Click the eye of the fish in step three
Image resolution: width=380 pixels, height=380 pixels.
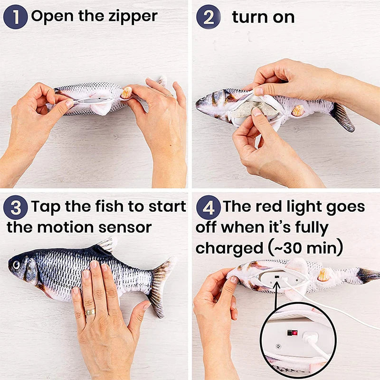click(x=17, y=263)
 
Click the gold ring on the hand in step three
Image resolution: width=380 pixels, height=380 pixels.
click(x=90, y=312)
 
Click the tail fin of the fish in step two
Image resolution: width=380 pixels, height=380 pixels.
click(x=343, y=117)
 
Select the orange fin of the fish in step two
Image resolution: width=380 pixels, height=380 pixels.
click(x=297, y=110)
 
